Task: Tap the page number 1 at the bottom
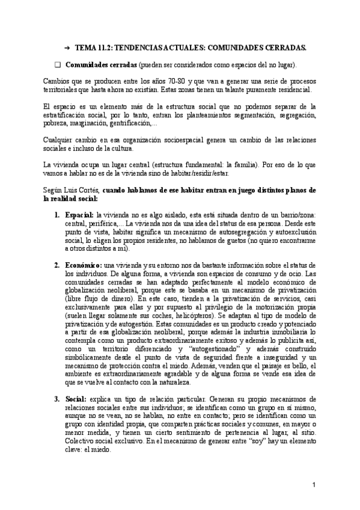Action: (314, 485)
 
